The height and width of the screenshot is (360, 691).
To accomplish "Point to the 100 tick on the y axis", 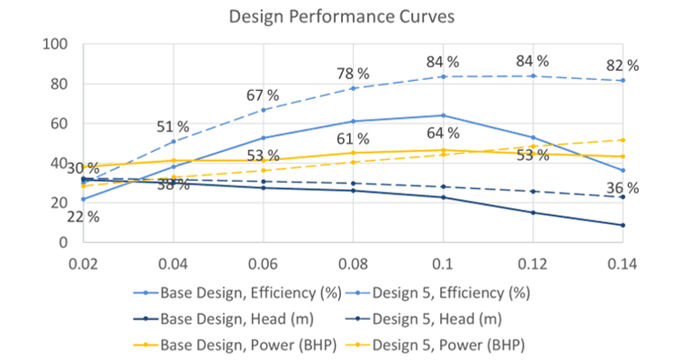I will coord(56,45).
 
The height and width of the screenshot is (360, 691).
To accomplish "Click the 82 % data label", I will coord(622,66).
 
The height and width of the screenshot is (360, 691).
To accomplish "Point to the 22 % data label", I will coord(83,216).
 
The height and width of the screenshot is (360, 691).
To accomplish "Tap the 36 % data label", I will coord(622,188).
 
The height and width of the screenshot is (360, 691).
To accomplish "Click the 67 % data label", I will coord(263,95).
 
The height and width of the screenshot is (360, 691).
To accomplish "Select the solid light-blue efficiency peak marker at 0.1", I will coord(443,115).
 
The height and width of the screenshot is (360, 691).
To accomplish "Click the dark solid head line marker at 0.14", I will coord(622,225).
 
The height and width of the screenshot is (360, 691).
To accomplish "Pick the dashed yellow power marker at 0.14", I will coord(622,139).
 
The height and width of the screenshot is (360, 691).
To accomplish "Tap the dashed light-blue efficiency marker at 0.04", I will coord(173,141).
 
